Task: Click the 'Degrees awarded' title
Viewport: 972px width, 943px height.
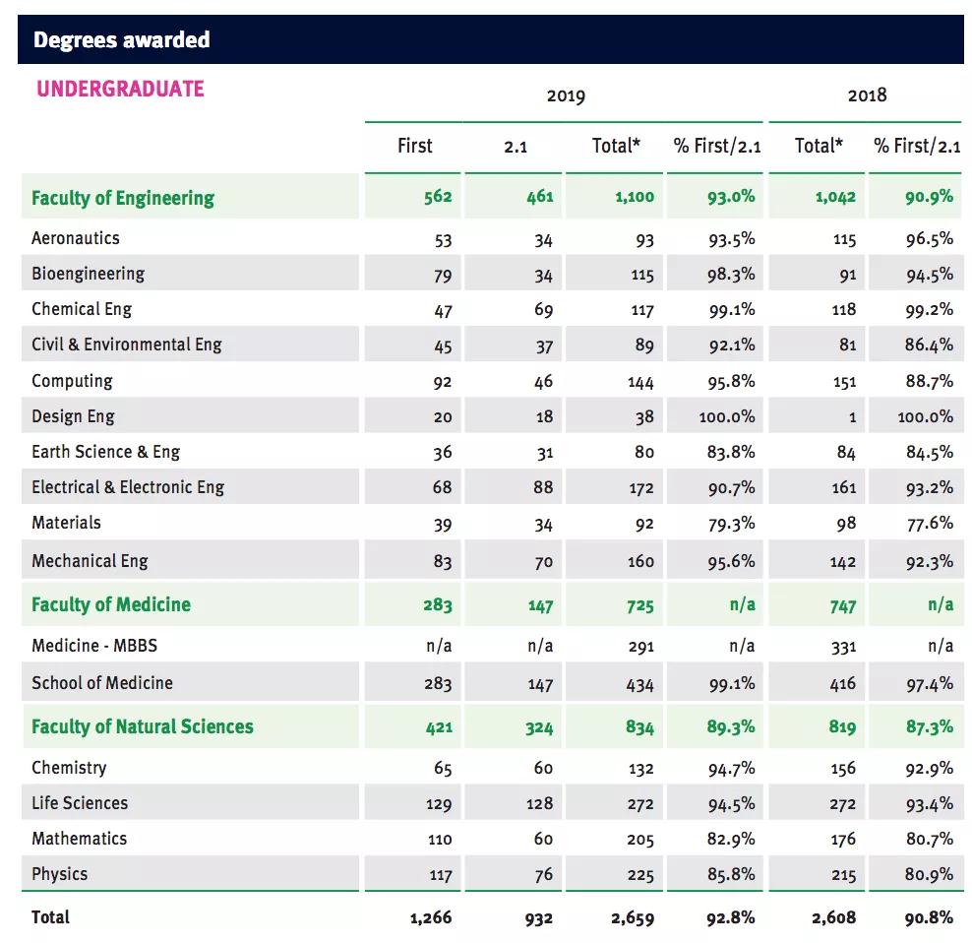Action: (122, 40)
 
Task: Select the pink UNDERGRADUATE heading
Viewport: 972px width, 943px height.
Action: (120, 89)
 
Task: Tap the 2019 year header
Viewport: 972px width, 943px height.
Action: (566, 95)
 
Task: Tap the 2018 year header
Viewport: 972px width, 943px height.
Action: (867, 94)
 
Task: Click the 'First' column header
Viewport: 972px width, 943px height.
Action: (414, 146)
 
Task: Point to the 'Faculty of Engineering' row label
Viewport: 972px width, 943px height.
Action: (123, 198)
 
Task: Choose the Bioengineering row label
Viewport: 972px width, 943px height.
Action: (88, 274)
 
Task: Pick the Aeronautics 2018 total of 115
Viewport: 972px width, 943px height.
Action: (843, 239)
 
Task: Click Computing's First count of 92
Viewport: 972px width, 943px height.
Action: (442, 382)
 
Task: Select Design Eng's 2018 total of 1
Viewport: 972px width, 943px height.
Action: (852, 417)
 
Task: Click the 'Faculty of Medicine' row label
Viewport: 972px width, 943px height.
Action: (111, 604)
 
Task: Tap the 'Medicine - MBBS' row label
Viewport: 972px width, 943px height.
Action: (94, 646)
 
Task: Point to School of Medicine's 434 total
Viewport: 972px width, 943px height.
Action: (639, 684)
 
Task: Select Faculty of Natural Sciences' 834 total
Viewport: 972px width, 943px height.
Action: (639, 727)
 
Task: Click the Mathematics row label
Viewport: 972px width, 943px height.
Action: (79, 839)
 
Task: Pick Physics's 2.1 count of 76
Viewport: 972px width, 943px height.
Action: (543, 875)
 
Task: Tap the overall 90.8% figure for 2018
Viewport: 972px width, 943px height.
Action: (929, 917)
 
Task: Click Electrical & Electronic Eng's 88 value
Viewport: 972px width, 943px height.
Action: (542, 487)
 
